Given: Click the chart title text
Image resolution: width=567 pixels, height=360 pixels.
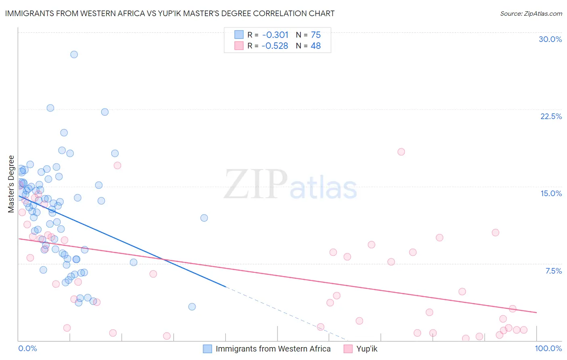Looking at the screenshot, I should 170,13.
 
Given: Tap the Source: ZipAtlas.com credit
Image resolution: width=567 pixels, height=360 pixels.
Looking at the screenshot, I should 531,13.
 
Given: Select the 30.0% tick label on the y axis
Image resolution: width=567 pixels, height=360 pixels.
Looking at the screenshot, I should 550,39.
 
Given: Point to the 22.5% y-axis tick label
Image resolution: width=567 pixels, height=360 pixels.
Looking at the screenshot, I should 551,116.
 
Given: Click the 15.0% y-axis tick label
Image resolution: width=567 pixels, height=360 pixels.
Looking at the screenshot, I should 551,193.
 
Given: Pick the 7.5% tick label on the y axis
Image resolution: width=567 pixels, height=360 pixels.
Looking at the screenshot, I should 553,271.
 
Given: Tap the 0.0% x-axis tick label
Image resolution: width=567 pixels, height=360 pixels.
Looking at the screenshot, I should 27,348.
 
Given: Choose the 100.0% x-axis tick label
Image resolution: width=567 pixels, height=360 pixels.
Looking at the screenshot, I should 548,348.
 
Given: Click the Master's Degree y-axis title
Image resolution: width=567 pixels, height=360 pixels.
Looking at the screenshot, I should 11,184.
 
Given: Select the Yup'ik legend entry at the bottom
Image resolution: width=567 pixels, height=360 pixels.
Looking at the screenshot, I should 367,349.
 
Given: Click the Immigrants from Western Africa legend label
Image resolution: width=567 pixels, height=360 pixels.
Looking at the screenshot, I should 273,349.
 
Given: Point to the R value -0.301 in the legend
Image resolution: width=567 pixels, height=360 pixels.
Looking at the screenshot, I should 275,35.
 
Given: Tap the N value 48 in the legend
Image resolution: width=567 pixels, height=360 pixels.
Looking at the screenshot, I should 315,46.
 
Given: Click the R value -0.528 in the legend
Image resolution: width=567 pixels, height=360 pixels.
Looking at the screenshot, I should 275,46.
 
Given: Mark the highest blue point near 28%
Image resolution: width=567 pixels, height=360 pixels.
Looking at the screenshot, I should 74,54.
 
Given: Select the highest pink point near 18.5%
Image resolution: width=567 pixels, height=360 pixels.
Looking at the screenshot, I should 401,152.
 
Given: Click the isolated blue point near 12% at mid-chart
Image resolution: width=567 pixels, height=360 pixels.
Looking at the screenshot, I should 204,218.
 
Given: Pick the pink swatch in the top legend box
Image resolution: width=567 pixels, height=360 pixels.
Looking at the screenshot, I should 239,46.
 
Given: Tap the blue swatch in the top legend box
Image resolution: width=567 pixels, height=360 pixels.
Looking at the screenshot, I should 239,35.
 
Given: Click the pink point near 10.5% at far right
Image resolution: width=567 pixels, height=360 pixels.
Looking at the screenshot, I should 496,232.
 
